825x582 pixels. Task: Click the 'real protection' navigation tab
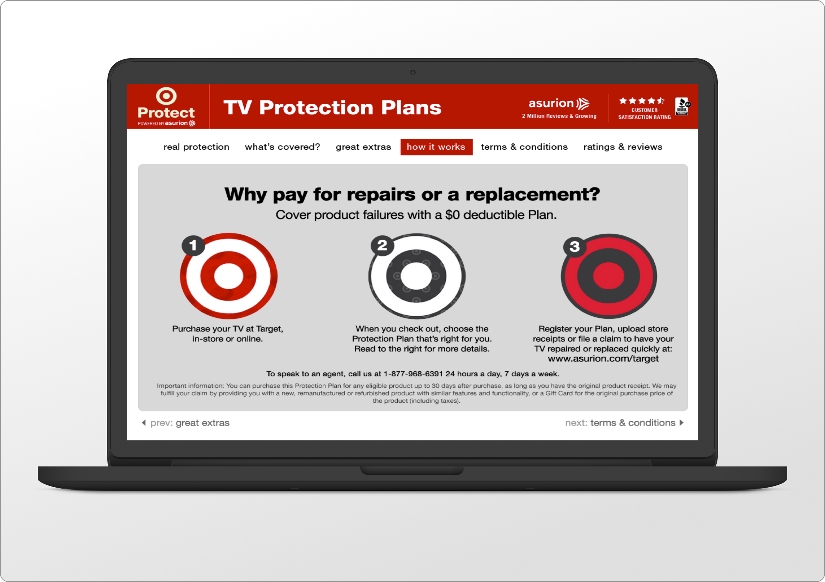coord(196,147)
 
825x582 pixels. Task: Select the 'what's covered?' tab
coord(282,147)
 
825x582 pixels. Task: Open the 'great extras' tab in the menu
coord(363,147)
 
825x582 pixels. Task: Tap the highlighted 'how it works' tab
coord(436,147)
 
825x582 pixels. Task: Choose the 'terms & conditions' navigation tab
coord(524,147)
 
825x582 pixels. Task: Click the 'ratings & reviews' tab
coord(623,147)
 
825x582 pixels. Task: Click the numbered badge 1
coord(193,246)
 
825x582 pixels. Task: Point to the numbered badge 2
coord(382,245)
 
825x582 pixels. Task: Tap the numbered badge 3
coord(575,246)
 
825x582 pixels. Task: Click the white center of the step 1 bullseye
coord(228,277)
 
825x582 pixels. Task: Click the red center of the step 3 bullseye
coord(609,276)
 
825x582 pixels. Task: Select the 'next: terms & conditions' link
coord(624,423)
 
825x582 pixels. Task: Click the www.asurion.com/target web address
coord(603,359)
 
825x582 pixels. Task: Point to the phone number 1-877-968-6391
coord(413,374)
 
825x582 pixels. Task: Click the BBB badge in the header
coord(682,106)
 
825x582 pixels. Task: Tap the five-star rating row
coord(642,101)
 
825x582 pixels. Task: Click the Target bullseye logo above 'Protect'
coord(166,96)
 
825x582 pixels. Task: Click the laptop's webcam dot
coord(412,73)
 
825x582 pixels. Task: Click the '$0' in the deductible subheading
coord(452,215)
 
